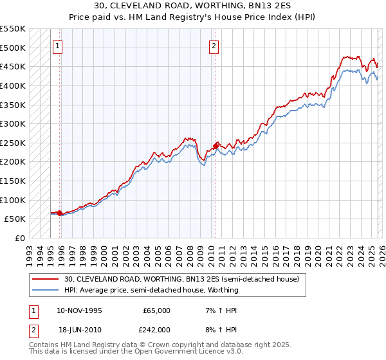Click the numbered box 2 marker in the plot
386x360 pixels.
coord(214,46)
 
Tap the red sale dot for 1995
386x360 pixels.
coord(60,213)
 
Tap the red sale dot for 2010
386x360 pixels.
coord(216,145)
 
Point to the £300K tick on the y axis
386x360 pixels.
coord(13,123)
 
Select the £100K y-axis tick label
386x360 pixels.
coord(13,200)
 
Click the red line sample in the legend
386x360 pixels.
coord(46,280)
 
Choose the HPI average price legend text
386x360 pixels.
coord(151,290)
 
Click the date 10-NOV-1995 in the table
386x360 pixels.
coord(79,310)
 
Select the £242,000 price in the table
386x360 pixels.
coord(156,329)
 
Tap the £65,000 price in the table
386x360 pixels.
coord(156,310)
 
